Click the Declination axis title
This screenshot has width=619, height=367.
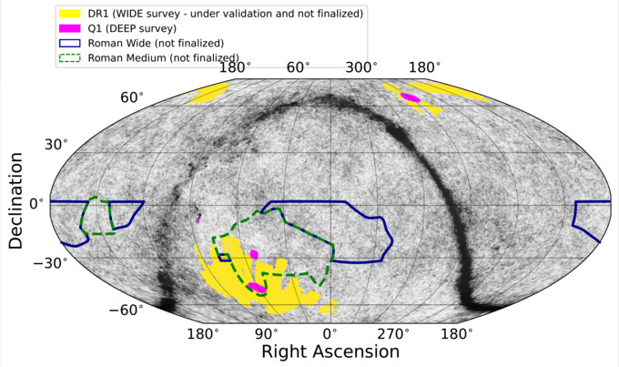(x=15, y=201)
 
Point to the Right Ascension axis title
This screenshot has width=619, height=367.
(x=330, y=351)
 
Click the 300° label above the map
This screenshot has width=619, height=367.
(x=361, y=68)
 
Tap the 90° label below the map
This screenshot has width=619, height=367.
(x=266, y=333)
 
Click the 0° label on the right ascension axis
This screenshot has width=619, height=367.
(x=330, y=333)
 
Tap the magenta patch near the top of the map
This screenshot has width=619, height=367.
(x=410, y=97)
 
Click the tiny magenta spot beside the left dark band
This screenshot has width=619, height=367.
(x=198, y=219)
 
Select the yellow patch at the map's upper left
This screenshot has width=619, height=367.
(x=209, y=92)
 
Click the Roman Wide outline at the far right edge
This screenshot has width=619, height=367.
(x=583, y=222)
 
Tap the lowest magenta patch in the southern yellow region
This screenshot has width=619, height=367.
(x=258, y=288)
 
